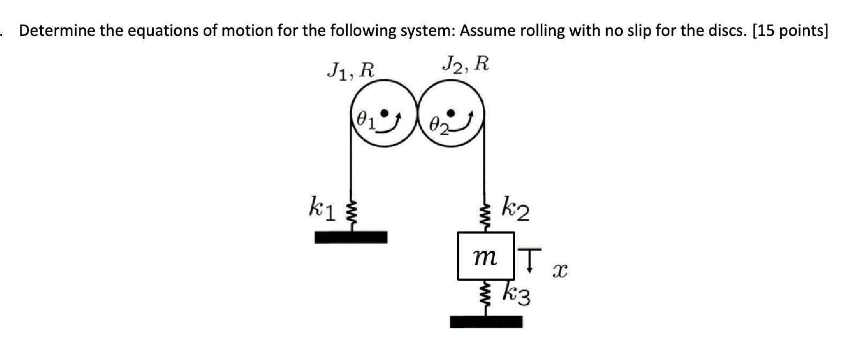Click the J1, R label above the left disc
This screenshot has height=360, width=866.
point(351,70)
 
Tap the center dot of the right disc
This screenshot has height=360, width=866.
point(452,112)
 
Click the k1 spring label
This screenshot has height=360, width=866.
point(322,208)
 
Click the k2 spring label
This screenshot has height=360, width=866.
point(516,209)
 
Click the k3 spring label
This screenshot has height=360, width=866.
point(517,294)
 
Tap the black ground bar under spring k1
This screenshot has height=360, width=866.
point(350,237)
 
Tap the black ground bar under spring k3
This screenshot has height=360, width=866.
point(486,321)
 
